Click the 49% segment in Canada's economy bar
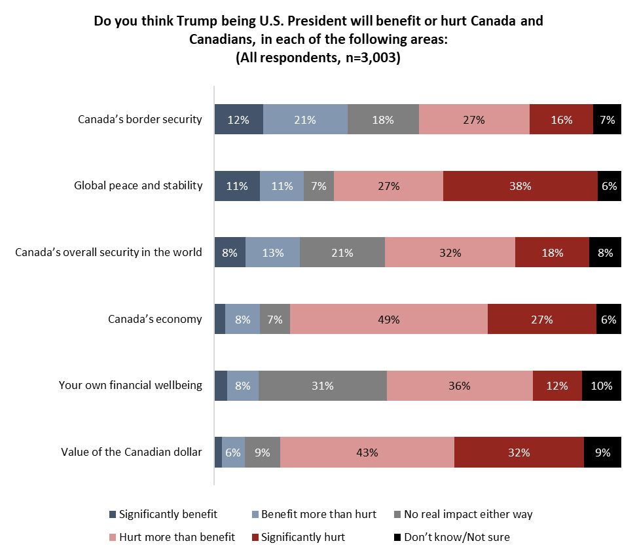pyautogui.click(x=389, y=320)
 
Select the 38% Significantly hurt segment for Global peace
pyautogui.click(x=520, y=186)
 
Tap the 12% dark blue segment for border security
pyautogui.click(x=239, y=119)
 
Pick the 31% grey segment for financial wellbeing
pyautogui.click(x=323, y=386)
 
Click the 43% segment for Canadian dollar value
pyautogui.click(x=367, y=452)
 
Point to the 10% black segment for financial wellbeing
pyautogui.click(x=601, y=386)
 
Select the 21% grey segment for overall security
pyautogui.click(x=342, y=253)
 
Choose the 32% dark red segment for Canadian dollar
pyautogui.click(x=519, y=452)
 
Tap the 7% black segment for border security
pyautogui.click(x=607, y=119)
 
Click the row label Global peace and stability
pyautogui.click(x=138, y=185)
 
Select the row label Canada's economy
pyautogui.click(x=155, y=320)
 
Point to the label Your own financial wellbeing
pyautogui.click(x=130, y=385)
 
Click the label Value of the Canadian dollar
pyautogui.click(x=132, y=452)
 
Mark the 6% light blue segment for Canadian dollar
pyautogui.click(x=233, y=452)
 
